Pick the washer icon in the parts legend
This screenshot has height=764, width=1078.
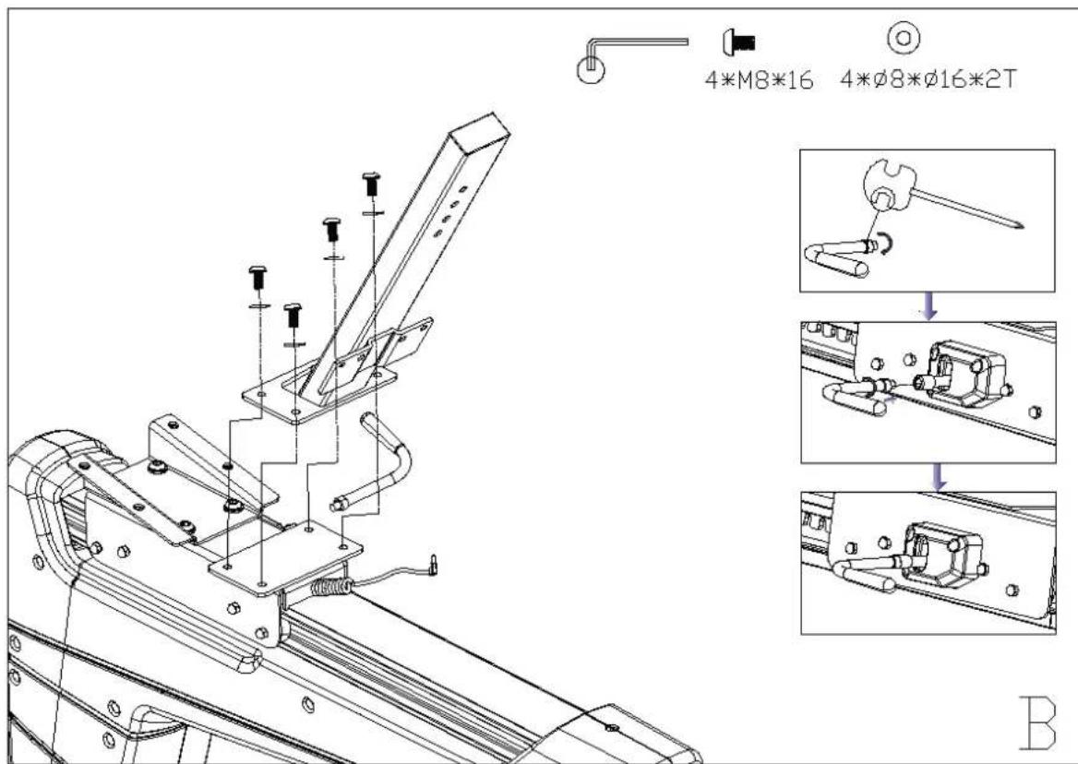[x=904, y=39]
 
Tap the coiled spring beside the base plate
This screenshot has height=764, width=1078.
[x=330, y=585]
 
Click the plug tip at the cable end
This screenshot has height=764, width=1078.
[x=434, y=561]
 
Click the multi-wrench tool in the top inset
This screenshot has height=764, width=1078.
[x=888, y=189]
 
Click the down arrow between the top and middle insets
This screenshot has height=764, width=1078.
[x=929, y=310]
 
